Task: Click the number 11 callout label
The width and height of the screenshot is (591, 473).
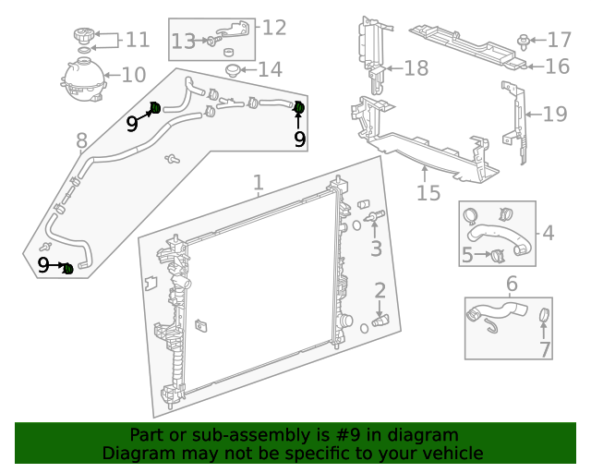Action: (x=137, y=40)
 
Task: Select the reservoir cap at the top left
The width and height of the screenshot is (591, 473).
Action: (x=84, y=38)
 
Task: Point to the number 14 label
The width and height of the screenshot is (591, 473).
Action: (x=270, y=69)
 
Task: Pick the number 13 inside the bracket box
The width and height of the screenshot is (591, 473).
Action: (x=183, y=41)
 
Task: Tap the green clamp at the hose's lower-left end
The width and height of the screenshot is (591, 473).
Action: (x=67, y=268)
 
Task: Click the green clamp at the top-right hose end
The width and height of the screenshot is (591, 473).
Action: (x=298, y=109)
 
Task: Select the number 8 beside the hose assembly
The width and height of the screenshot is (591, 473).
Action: (x=81, y=140)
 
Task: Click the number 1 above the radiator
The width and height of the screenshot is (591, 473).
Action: (x=259, y=183)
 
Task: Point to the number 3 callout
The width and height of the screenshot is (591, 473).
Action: (x=376, y=249)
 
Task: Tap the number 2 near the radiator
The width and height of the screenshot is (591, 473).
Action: (x=380, y=292)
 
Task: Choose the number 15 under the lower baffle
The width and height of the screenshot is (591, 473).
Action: (x=428, y=193)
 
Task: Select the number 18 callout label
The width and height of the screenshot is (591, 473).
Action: (x=416, y=67)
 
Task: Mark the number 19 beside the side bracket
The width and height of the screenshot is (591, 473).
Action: (x=555, y=114)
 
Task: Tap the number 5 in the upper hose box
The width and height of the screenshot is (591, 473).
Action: (x=467, y=254)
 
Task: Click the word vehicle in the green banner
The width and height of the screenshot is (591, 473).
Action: (x=450, y=453)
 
